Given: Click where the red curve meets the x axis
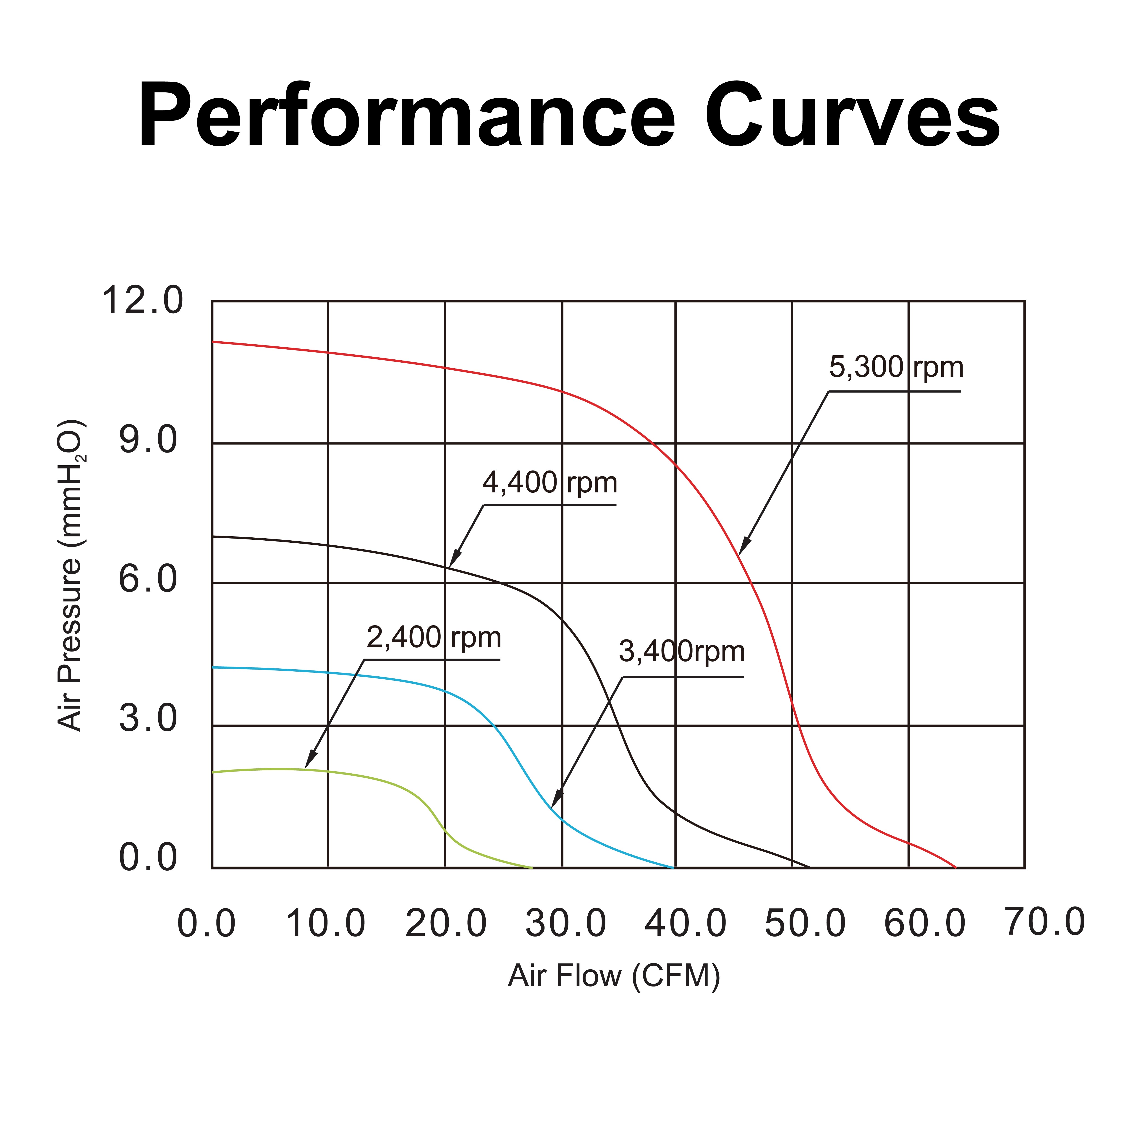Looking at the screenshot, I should (x=955, y=868).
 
